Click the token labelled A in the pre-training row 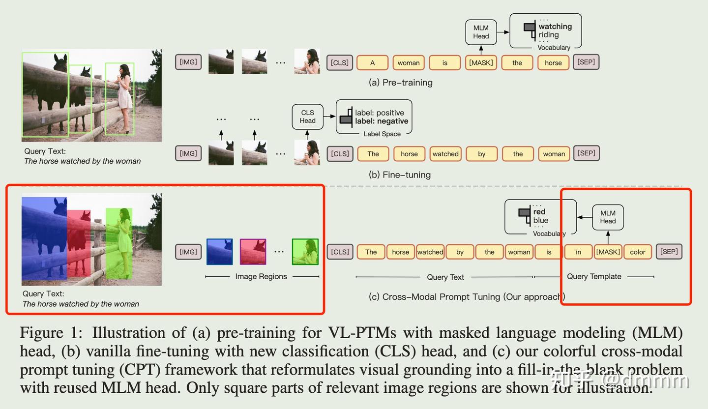click(372, 63)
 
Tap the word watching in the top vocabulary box click(555, 27)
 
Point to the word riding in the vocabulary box click(548, 35)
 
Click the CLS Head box click(307, 117)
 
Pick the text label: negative click(382, 121)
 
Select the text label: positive click(379, 113)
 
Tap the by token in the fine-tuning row click(481, 154)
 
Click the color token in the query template click(638, 252)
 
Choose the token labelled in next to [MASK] click(578, 252)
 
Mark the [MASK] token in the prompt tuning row click(608, 252)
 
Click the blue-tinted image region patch click(219, 252)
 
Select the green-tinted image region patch click(305, 252)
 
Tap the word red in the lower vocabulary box click(539, 212)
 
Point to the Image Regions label click(261, 276)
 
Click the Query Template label click(594, 276)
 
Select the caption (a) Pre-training click(401, 83)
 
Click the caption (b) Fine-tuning click(400, 175)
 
